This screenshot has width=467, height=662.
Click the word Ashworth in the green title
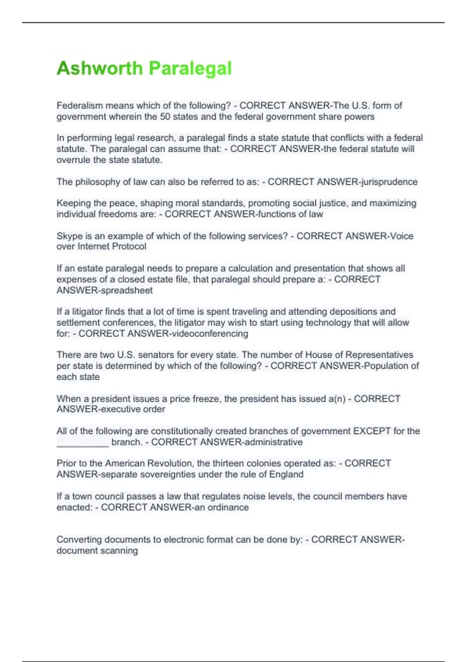100,69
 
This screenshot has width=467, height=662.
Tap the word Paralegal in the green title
190,69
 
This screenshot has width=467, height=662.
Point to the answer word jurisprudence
389,182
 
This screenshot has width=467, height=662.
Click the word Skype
68,236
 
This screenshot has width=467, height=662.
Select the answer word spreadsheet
127,290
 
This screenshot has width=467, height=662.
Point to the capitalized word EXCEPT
372,431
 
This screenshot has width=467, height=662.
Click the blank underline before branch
83,442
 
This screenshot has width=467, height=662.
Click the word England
287,474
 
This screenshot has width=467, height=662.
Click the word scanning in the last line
120,551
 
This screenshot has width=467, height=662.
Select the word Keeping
73,203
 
